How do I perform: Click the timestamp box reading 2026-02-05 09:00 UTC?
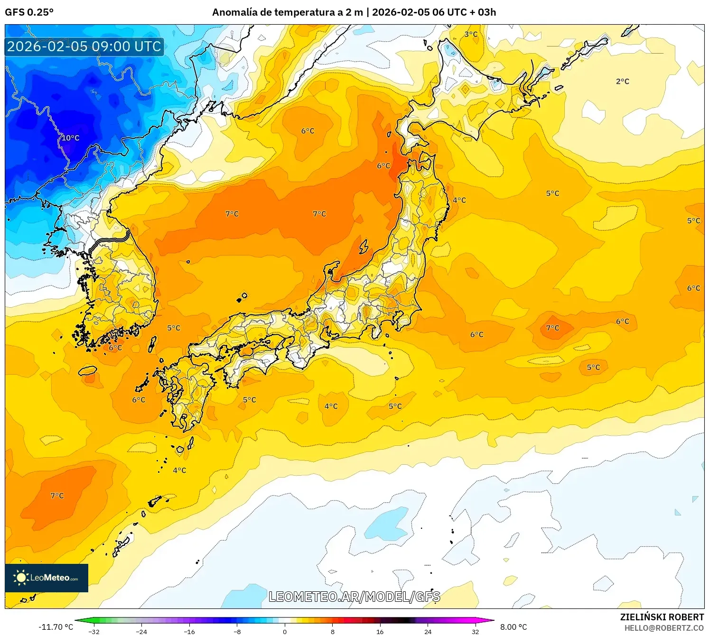tap(84, 46)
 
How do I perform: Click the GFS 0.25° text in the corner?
tap(29, 12)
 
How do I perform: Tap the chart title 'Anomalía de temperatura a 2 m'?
tap(287, 12)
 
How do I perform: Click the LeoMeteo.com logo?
tap(47, 578)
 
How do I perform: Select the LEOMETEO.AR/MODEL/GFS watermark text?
tap(354, 597)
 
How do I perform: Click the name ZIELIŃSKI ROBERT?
tap(662, 617)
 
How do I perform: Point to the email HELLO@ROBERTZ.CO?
tap(663, 628)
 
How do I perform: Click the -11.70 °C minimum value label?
tap(56, 627)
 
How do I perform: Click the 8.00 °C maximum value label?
tap(513, 627)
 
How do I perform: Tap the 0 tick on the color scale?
tap(285, 632)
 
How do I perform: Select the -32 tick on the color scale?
tap(94, 632)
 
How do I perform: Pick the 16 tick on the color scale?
tap(380, 632)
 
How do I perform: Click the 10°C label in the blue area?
tap(70, 138)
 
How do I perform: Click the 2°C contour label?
tap(622, 82)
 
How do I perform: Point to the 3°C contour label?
tap(471, 34)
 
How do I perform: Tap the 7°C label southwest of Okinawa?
tap(57, 496)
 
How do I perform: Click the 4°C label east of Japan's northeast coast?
tap(459, 200)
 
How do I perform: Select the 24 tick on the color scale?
tap(428, 632)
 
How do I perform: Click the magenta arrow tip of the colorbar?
tap(491, 620)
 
